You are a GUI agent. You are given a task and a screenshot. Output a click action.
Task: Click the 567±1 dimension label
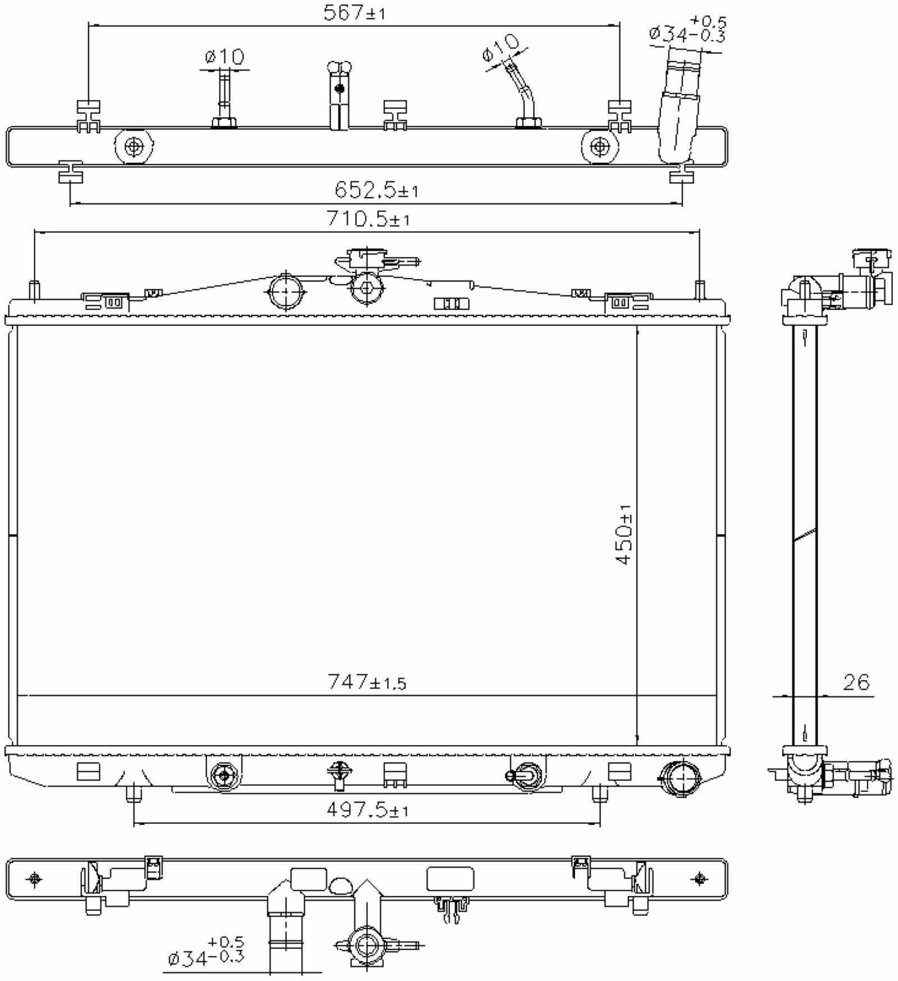click(354, 13)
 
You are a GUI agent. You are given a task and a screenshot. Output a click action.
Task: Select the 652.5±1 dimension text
click(376, 191)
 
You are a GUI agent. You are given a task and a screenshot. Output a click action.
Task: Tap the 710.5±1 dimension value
click(368, 219)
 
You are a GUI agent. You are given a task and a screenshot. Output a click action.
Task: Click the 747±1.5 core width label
click(366, 682)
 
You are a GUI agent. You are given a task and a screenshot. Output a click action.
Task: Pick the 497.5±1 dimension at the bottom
click(367, 810)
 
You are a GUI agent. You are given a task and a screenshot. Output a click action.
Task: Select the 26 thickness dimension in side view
click(856, 682)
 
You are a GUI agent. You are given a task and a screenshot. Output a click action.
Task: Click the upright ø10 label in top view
click(224, 57)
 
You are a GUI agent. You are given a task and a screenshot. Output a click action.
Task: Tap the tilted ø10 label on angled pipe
click(501, 47)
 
